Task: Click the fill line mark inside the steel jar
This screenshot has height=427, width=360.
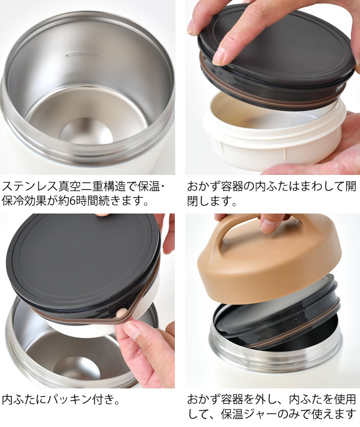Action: (84, 54)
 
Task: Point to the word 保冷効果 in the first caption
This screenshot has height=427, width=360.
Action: (25, 201)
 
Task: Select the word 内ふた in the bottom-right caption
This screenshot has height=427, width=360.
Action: (305, 400)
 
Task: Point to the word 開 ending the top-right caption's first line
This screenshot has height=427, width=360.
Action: (350, 187)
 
